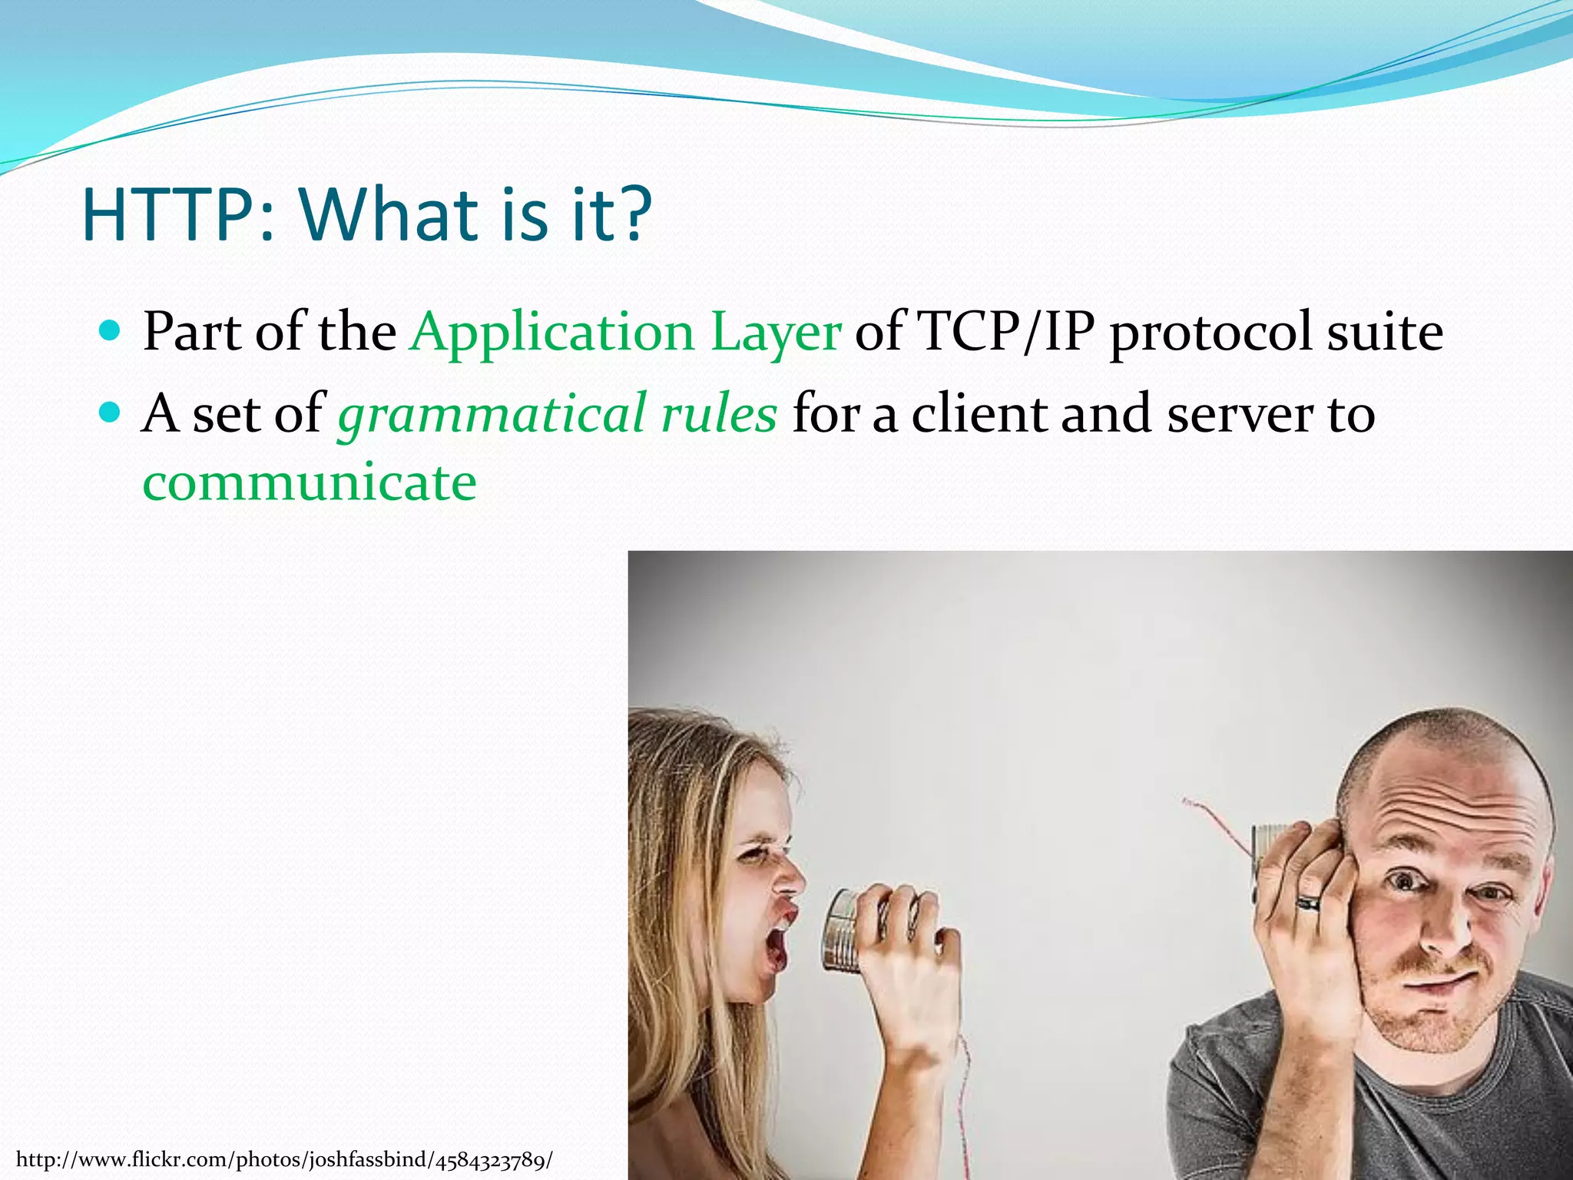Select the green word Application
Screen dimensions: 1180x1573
coord(552,333)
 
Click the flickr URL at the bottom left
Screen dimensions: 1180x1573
coord(284,1159)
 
